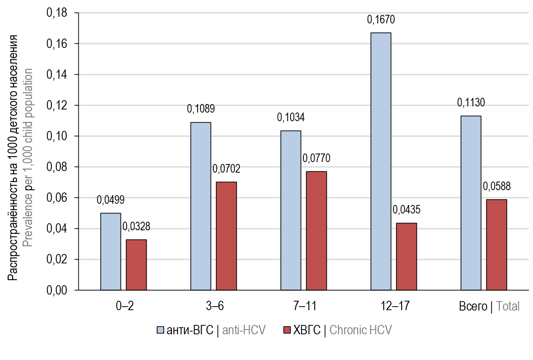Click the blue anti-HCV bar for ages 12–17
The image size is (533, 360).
pyautogui.click(x=381, y=161)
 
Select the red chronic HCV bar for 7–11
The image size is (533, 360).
pyautogui.click(x=316, y=231)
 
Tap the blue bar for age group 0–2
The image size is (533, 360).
pyautogui.click(x=110, y=251)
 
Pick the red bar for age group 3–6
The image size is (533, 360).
pyautogui.click(x=226, y=236)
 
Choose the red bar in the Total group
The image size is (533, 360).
pyautogui.click(x=496, y=245)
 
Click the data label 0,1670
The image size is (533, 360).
pyautogui.click(x=381, y=19)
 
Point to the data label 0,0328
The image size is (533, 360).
pyautogui.click(x=136, y=226)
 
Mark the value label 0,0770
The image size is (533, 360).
pyautogui.click(x=316, y=158)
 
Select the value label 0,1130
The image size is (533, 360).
pyautogui.click(x=471, y=103)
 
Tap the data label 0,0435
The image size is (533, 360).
pyautogui.click(x=406, y=210)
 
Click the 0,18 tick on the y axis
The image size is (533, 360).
pyautogui.click(x=57, y=13)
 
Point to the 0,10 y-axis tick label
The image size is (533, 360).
pyautogui.click(x=57, y=136)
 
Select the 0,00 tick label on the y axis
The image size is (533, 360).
pyautogui.click(x=57, y=290)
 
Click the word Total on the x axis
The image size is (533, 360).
pyautogui.click(x=508, y=306)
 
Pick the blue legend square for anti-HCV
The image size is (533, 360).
pyautogui.click(x=161, y=330)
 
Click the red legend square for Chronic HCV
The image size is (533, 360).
pyautogui.click(x=287, y=330)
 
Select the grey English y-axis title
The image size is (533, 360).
pyautogui.click(x=27, y=158)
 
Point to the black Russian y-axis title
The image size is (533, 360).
pyautogui.click(x=13, y=158)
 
